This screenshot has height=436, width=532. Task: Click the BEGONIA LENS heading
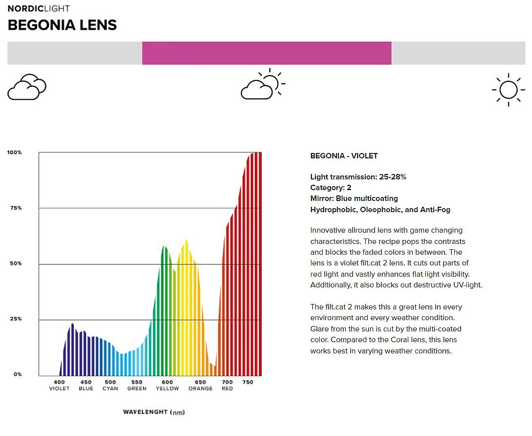pos(62,25)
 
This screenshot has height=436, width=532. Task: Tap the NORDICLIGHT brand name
pos(38,8)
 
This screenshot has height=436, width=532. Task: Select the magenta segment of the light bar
pos(266,53)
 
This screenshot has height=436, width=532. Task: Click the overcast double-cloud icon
pos(27,87)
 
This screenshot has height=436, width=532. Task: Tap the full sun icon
pos(508,90)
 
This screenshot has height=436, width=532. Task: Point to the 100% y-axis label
pos(14,152)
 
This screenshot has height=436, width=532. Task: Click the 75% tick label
pos(16,208)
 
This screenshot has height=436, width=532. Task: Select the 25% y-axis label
pos(16,319)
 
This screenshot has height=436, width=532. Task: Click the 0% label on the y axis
pos(18,374)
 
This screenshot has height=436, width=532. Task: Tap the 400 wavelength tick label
pos(59,382)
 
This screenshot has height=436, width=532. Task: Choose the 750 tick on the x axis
pos(248,382)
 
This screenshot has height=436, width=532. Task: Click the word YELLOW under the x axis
pos(167,389)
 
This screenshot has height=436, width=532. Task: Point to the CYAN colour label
pos(111,389)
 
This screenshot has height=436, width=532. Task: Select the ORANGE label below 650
pos(200,389)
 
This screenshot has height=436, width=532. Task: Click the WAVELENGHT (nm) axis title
pos(154,412)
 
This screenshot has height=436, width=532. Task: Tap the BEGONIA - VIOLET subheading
pos(344,156)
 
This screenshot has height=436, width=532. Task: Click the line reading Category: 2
pos(331,188)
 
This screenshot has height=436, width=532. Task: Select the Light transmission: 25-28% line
pos(358,176)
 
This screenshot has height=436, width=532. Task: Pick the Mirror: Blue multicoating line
pos(354,198)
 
